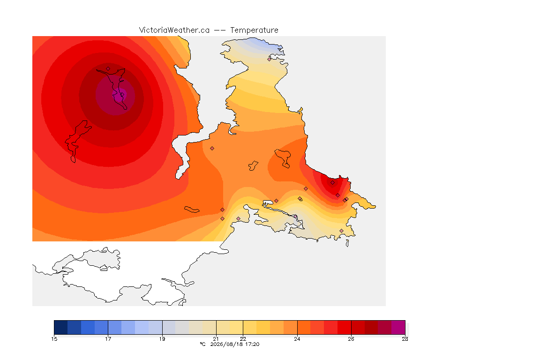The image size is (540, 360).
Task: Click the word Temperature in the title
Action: tap(254, 30)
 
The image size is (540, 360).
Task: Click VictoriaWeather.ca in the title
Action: tap(174, 30)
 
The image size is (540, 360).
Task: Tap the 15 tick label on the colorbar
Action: tap(54, 339)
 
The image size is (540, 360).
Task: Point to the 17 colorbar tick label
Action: tap(108, 339)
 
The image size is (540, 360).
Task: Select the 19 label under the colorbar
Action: tap(162, 339)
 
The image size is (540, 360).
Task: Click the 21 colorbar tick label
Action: tap(216, 339)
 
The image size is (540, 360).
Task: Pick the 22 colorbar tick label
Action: tap(243, 339)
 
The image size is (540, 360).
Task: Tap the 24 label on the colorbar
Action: tap(297, 339)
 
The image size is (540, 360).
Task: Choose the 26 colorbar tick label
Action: tap(351, 339)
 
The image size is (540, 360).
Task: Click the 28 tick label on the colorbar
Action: tap(405, 339)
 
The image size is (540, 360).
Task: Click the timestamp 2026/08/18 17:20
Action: tap(235, 344)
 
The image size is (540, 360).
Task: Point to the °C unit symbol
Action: tap(202, 344)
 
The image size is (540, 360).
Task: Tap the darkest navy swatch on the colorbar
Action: tap(60, 327)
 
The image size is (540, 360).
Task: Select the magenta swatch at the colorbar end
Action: tap(398, 327)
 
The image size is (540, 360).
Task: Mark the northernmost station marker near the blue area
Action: tap(270, 59)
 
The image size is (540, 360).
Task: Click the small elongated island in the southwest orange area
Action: tap(192, 209)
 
